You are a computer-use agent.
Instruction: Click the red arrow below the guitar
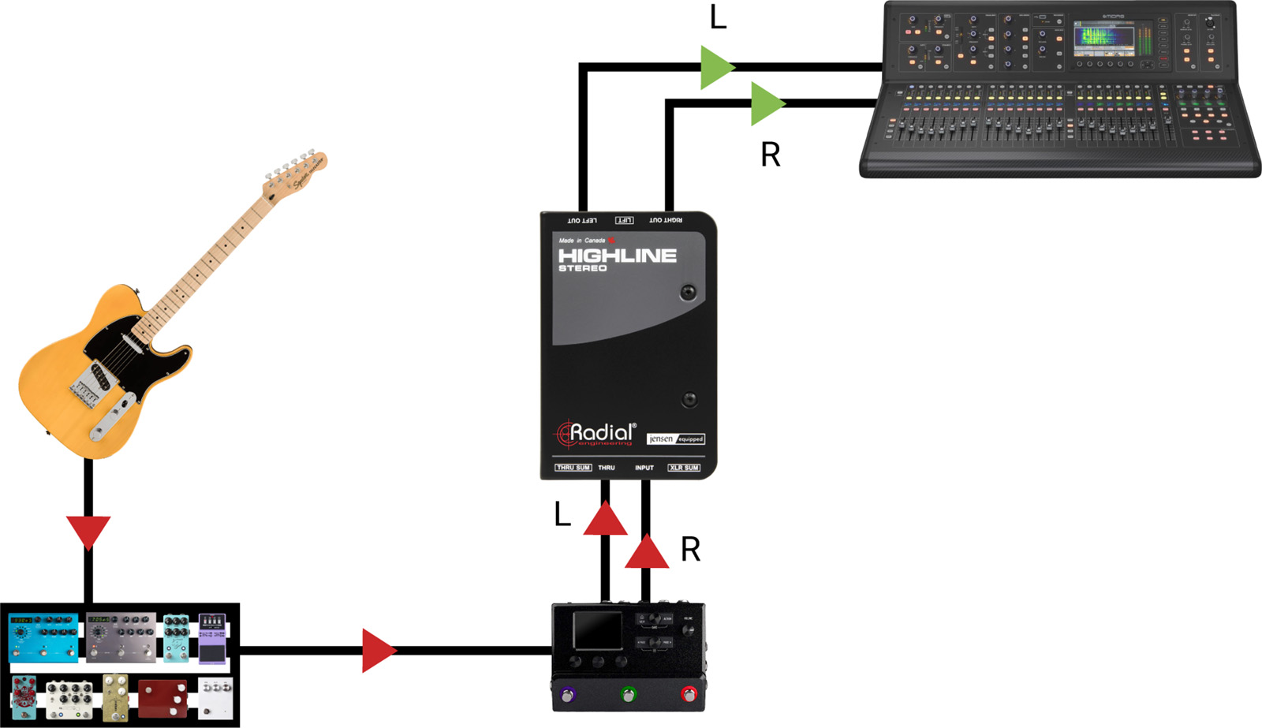point(88,531)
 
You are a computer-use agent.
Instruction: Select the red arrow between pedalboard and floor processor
point(378,651)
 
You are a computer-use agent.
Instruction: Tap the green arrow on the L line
point(716,67)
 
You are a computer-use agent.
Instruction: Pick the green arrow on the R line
point(767,103)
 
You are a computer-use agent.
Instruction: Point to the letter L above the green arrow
point(718,17)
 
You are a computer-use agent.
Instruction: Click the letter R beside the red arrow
point(690,550)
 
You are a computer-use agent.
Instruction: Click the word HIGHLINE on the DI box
point(617,256)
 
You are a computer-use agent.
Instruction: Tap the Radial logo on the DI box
point(596,433)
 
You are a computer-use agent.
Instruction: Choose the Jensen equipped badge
point(675,439)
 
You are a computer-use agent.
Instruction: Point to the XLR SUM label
point(684,468)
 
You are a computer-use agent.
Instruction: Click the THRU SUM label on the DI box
point(573,468)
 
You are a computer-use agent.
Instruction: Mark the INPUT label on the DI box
point(644,468)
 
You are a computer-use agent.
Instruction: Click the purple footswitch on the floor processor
point(567,695)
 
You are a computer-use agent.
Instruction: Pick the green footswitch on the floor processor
point(628,695)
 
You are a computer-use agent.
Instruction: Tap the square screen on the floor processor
point(597,631)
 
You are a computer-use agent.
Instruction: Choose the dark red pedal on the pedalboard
point(162,698)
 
